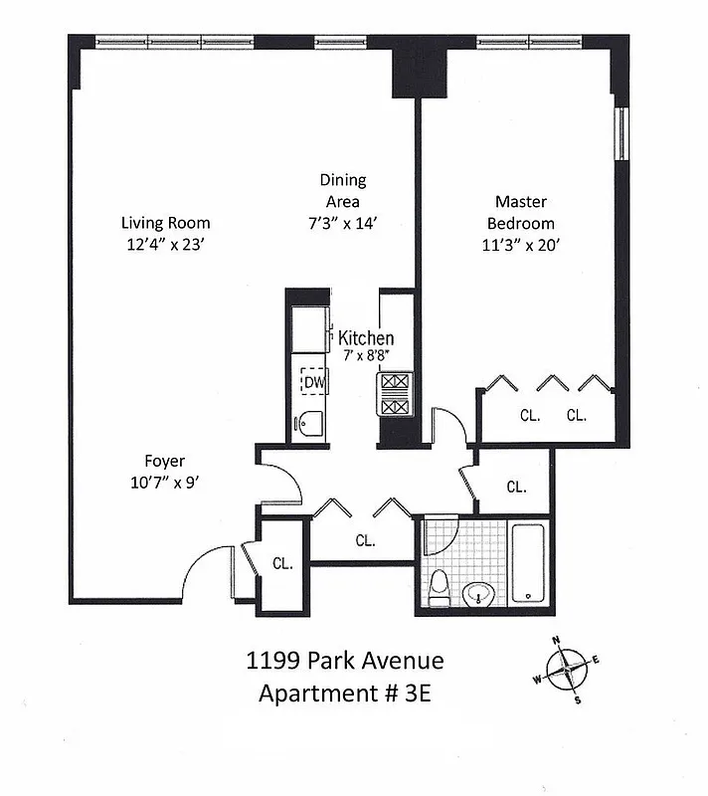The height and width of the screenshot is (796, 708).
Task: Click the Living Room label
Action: click(x=165, y=223)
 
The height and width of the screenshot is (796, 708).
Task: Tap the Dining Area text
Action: click(x=342, y=180)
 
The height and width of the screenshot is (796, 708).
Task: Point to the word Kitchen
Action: click(x=366, y=338)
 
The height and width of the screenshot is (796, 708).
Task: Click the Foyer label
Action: click(x=164, y=461)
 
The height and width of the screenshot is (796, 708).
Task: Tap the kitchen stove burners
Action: click(x=394, y=395)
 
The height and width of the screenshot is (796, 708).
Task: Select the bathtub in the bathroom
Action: click(x=527, y=564)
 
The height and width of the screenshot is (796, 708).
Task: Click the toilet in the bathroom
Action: click(x=438, y=588)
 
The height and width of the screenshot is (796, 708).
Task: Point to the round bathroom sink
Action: click(x=481, y=596)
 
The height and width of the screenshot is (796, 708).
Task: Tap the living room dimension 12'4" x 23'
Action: click(x=165, y=244)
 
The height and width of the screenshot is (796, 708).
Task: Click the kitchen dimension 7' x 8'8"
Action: click(x=366, y=355)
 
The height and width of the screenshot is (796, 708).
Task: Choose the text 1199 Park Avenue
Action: click(x=344, y=661)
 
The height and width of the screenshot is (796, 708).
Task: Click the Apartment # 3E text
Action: click(x=344, y=694)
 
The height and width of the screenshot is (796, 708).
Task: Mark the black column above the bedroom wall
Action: click(x=408, y=74)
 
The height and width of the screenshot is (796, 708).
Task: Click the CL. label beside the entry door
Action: click(x=283, y=563)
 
